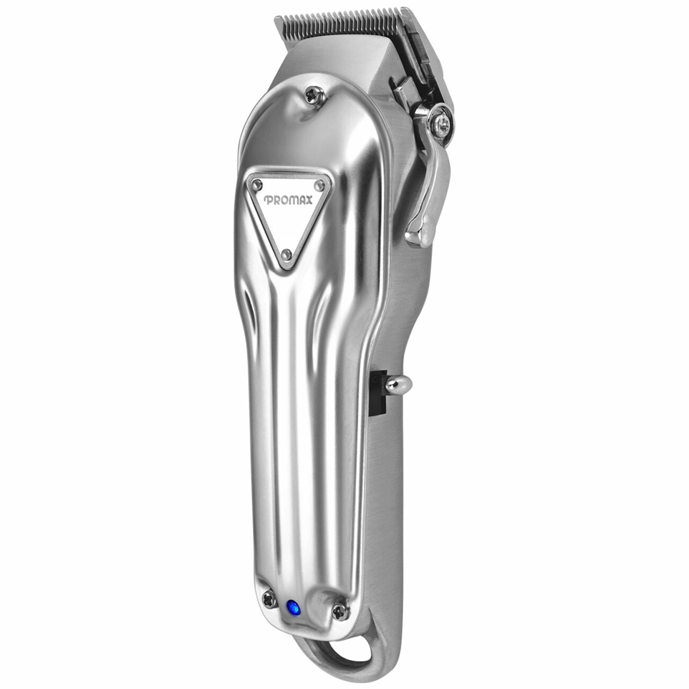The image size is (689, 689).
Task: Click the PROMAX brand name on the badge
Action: pos(283,200)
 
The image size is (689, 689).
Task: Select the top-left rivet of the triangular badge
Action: pos(258,184)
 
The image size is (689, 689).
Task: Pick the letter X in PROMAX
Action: pos(299,200)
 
